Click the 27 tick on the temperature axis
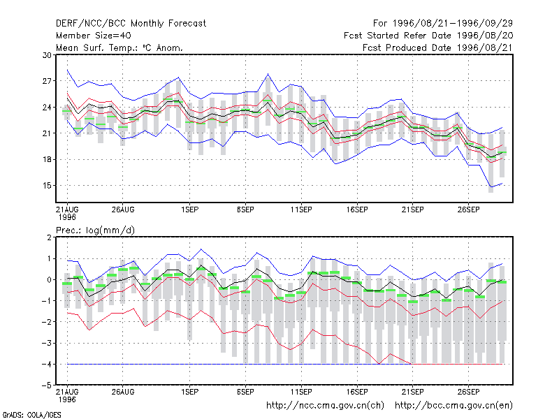coord(47,81)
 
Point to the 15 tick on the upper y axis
coord(47,186)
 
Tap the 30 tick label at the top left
coord(47,55)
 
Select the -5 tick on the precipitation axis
coord(47,385)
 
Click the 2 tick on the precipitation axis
coord(49,237)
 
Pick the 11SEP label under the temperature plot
coord(301,210)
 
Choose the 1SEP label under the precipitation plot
coord(189,392)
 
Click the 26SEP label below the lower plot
coord(468,392)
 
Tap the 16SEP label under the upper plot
coord(357,210)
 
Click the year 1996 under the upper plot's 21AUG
coord(67,217)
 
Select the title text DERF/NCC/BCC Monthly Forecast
coord(131,24)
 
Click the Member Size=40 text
coord(94,36)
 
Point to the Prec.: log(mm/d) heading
coord(95,230)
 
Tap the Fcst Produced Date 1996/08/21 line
coord(437,47)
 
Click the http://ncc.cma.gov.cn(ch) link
coord(325,406)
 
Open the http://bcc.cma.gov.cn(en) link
coord(453,406)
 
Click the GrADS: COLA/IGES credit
coord(31,415)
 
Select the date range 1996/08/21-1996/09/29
coord(453,24)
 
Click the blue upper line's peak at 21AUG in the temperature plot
coord(67,71)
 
